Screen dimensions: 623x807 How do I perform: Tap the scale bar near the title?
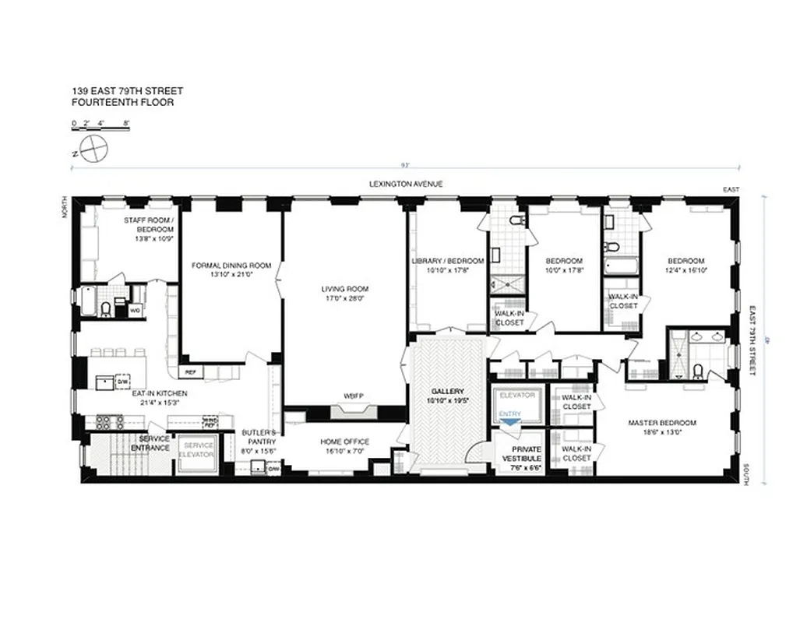tap(100, 128)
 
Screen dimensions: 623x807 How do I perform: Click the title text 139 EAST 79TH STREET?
tap(128, 91)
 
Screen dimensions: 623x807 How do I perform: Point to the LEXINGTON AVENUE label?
tap(406, 185)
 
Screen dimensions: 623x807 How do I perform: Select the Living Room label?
tap(344, 288)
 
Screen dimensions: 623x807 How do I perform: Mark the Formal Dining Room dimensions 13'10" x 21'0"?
tap(231, 275)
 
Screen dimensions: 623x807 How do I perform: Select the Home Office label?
tap(344, 442)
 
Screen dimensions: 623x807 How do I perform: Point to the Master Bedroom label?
tap(662, 424)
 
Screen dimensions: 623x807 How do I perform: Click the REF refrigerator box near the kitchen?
tap(190, 371)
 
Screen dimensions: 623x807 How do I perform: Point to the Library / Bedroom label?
tap(448, 261)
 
